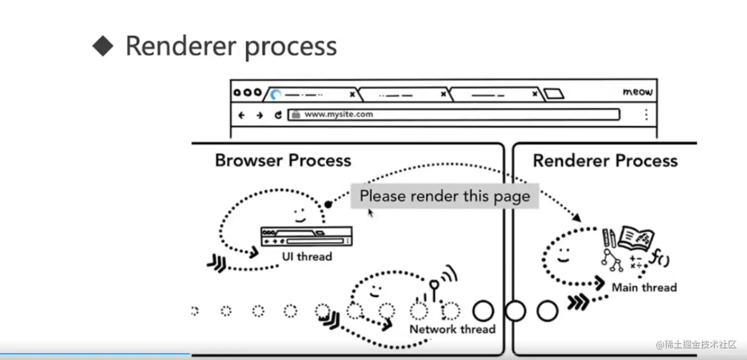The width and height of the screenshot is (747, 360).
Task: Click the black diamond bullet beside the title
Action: [103, 46]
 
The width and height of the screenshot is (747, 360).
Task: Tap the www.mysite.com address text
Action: [338, 114]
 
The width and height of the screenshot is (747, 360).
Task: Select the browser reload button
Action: [278, 115]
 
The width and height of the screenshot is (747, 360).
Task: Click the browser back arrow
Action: [241, 115]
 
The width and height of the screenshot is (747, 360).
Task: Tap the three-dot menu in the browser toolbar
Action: [646, 115]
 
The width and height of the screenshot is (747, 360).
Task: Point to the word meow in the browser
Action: [637, 92]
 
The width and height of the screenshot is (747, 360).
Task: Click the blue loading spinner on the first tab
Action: [275, 94]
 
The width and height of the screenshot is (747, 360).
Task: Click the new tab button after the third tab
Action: [554, 94]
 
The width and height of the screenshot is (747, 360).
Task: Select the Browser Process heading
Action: [283, 161]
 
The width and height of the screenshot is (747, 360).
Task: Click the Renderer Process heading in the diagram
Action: [605, 161]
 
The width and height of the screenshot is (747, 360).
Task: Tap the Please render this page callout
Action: [444, 196]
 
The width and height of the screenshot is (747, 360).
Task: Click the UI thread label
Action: [307, 256]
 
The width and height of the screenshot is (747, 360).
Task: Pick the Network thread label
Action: [452, 329]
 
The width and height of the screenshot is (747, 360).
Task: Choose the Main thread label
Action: [644, 287]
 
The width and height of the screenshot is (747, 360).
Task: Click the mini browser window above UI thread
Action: [306, 236]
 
